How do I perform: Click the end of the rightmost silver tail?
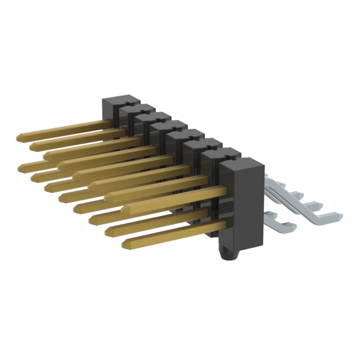(x=335, y=214)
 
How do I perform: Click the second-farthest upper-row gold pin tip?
(x=33, y=146)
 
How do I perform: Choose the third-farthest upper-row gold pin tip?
(x=46, y=155)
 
